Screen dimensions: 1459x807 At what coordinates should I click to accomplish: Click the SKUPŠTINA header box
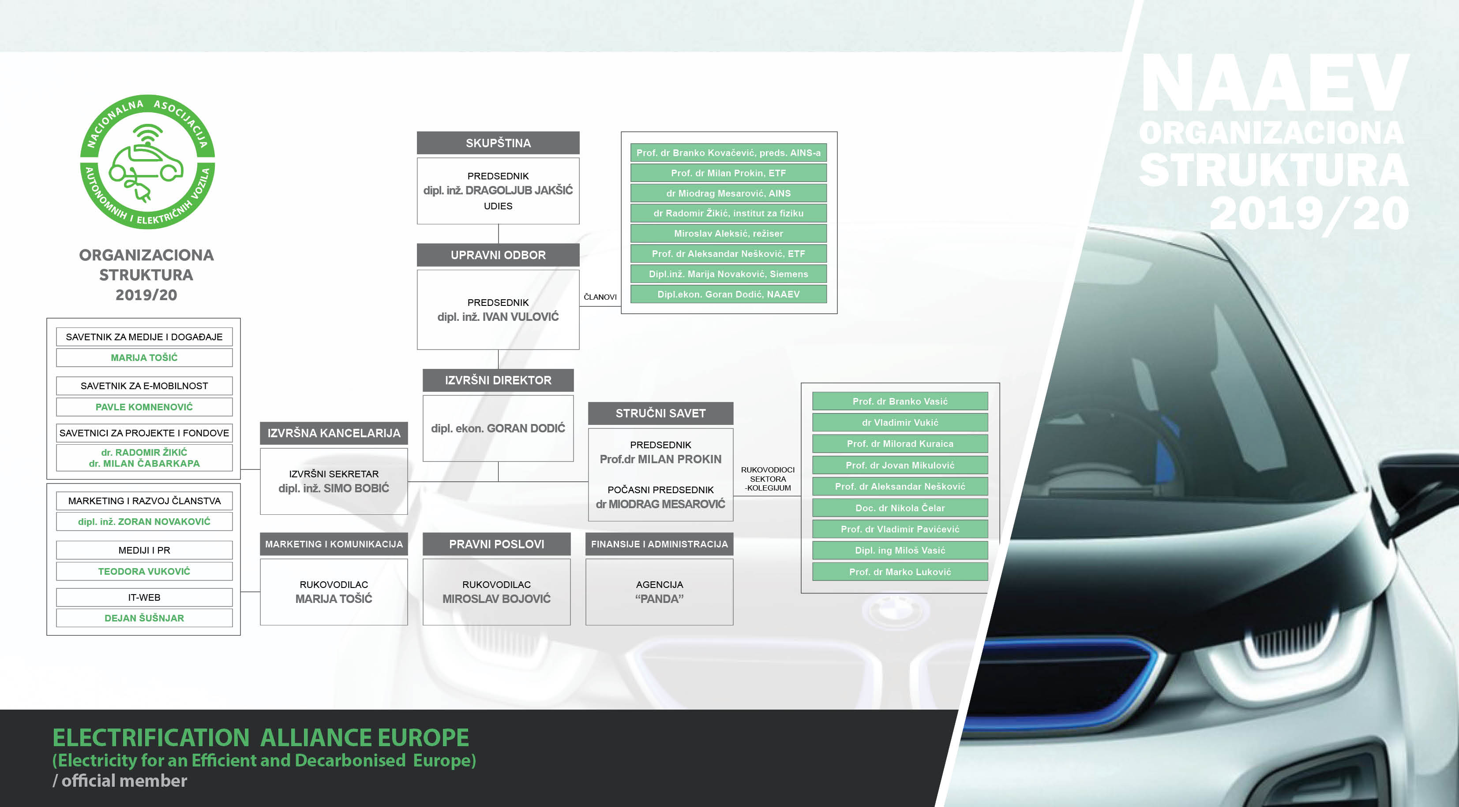(498, 143)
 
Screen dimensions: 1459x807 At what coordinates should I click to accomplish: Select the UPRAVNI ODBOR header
(498, 255)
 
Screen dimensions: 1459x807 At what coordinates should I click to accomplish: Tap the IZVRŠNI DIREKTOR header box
(498, 380)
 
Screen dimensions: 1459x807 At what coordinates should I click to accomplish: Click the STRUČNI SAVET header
(660, 413)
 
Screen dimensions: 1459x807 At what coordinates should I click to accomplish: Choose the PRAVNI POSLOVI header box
(497, 544)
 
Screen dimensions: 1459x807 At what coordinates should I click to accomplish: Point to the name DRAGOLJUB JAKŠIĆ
(519, 190)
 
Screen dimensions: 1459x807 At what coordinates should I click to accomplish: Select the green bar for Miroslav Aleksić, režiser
(728, 233)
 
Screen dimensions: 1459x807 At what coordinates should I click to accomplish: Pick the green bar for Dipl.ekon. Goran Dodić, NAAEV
(728, 294)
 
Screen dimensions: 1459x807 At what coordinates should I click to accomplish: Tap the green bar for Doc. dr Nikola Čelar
(900, 508)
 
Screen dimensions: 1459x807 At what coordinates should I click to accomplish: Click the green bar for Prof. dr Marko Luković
(900, 572)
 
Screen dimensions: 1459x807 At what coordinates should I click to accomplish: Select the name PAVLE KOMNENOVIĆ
(144, 407)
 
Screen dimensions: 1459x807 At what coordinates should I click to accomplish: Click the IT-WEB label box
(144, 597)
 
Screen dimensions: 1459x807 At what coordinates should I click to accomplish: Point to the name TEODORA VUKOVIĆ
(144, 571)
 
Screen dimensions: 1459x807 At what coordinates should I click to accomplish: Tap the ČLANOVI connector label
(600, 297)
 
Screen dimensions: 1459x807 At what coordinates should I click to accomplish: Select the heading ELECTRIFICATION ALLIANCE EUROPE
(261, 737)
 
